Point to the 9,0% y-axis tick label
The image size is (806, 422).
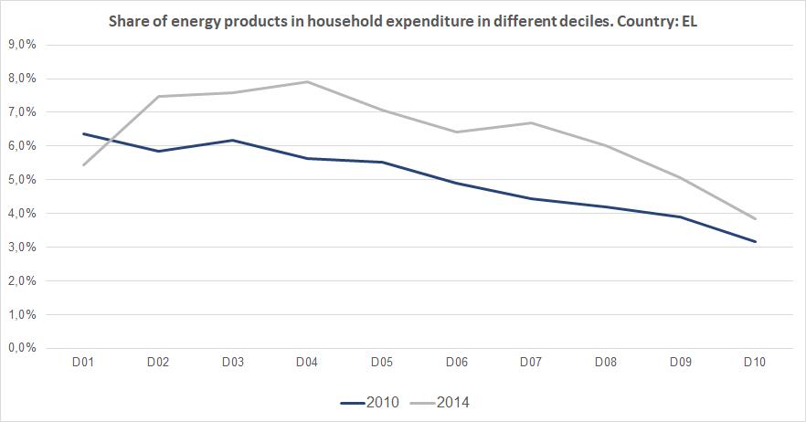click(21, 45)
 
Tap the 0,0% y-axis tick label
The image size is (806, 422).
click(21, 348)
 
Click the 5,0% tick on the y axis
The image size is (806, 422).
click(21, 180)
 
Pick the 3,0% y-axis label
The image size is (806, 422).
click(21, 248)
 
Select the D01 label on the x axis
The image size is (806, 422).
click(83, 363)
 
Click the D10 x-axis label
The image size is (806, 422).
click(755, 363)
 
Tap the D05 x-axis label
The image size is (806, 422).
click(382, 363)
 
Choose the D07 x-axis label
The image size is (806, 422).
click(531, 363)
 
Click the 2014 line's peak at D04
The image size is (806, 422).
click(307, 81)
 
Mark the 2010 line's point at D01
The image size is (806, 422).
click(83, 133)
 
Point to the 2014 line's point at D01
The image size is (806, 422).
click(83, 165)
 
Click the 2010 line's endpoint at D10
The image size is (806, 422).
click(755, 242)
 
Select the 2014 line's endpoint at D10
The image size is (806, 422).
click(755, 219)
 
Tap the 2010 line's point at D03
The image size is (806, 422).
click(232, 140)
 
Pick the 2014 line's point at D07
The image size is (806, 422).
click(531, 122)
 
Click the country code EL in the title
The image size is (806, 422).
click(688, 20)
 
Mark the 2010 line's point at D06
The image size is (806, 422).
click(456, 183)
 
